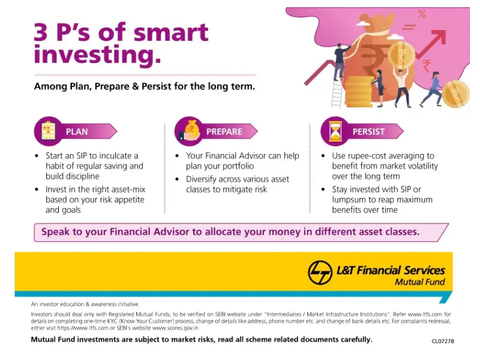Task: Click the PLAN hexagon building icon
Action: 48,131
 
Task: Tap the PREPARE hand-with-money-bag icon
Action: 188,131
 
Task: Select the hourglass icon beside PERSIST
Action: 335,131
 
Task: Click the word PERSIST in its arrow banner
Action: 368,131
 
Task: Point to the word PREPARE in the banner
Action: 224,131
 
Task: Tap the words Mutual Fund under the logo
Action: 419,282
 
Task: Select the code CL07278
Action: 442,341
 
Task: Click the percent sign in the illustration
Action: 422,14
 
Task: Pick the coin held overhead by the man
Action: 401,55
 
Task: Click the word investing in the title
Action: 97,55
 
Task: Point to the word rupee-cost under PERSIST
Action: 368,156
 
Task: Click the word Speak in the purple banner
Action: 56,232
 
